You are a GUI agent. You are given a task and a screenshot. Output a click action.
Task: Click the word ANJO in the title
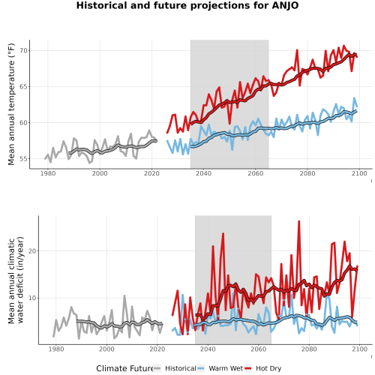tap(285, 5)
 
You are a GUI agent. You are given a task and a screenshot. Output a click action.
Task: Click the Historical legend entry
tap(175, 368)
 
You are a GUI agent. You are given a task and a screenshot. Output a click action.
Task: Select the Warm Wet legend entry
tap(220, 368)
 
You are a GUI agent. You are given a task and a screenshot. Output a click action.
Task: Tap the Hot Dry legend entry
tap(262, 368)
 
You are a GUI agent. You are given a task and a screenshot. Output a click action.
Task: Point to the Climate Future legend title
tap(124, 368)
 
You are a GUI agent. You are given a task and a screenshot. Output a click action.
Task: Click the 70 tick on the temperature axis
tap(23, 51)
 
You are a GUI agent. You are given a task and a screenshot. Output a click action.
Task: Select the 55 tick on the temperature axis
tap(23, 159)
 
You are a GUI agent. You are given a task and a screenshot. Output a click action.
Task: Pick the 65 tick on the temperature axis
tap(23, 87)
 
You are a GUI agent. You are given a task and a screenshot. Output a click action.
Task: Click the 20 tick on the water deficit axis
tap(32, 251)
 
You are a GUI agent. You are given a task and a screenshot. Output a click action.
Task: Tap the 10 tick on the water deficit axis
tap(32, 298)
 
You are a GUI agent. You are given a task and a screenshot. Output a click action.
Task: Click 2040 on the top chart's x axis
tap(203, 173)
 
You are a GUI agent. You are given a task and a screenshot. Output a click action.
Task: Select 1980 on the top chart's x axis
tap(48, 173)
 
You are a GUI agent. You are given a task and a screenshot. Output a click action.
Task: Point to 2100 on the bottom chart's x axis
tap(359, 349)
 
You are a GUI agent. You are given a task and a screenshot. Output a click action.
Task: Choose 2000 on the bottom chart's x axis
tap(106, 349)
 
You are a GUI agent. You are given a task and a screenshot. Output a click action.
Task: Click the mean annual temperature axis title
tap(11, 104)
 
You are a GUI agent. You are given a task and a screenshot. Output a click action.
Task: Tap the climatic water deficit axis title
tap(16, 280)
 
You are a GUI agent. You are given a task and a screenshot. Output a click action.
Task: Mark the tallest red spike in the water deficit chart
tap(298, 221)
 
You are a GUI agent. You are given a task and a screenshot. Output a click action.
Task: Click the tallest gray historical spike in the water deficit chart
tap(124, 296)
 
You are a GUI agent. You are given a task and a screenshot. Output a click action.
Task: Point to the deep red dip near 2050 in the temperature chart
tap(229, 123)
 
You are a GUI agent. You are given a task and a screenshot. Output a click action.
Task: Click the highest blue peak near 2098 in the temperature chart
tap(354, 98)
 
